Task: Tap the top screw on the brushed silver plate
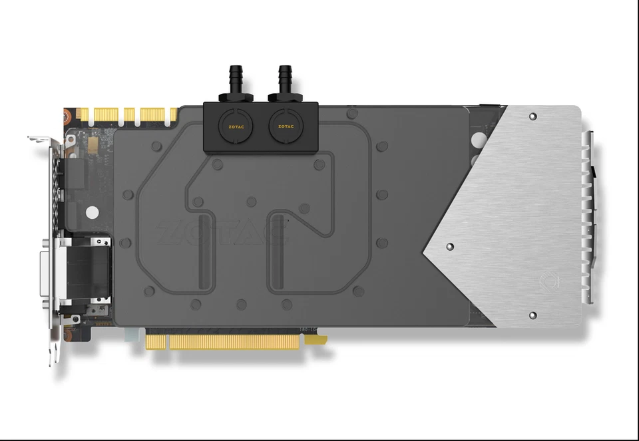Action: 532,116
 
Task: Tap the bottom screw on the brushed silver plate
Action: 532,315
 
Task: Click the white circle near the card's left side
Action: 93,214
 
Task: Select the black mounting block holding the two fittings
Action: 260,126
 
